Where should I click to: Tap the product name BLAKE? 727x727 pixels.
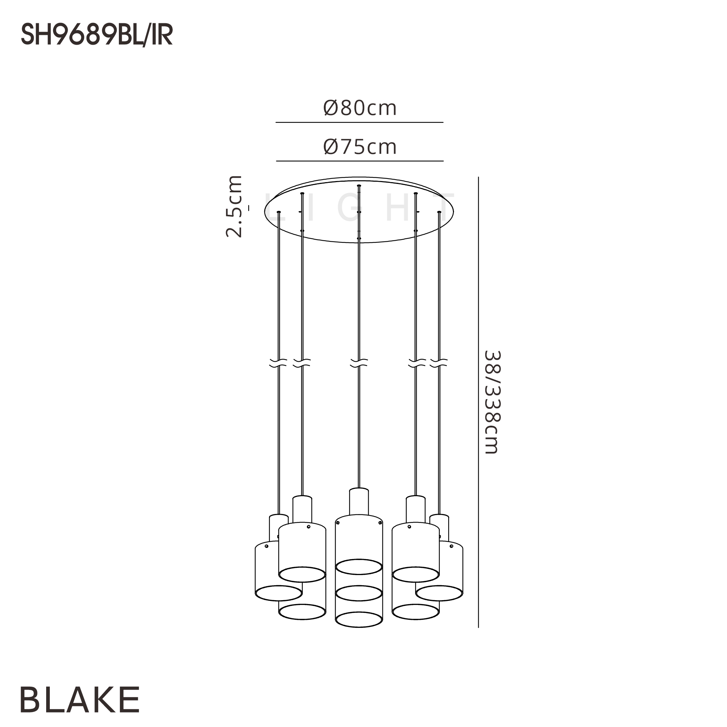pyautogui.click(x=80, y=699)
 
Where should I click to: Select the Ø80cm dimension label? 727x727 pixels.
pyautogui.click(x=360, y=108)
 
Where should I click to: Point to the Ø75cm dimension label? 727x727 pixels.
pyautogui.click(x=360, y=147)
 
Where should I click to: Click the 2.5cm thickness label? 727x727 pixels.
pyautogui.click(x=234, y=206)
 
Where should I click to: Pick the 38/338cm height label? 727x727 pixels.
pyautogui.click(x=492, y=402)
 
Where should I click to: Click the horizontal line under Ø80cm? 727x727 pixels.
pyautogui.click(x=360, y=122)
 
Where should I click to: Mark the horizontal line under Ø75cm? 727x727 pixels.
pyautogui.click(x=360, y=161)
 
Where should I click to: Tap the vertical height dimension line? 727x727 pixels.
pyautogui.click(x=478, y=402)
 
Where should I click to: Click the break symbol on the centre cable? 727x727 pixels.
pyautogui.click(x=359, y=363)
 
